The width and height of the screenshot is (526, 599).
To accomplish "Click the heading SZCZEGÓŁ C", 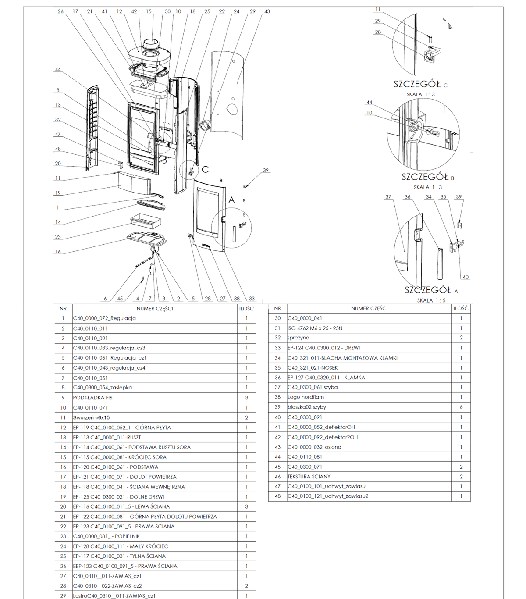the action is [x=420, y=84].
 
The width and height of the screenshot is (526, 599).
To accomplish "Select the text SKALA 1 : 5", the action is [x=431, y=300].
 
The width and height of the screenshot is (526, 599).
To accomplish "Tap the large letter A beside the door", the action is [x=231, y=200].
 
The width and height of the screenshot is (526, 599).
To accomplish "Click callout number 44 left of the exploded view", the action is [x=58, y=69].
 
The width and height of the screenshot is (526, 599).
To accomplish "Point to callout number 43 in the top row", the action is [x=267, y=11].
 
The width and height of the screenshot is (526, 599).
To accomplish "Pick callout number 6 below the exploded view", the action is [x=105, y=299].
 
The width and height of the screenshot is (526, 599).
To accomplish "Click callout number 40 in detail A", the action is [x=466, y=277].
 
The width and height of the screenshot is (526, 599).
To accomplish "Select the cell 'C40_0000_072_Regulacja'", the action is [x=105, y=318].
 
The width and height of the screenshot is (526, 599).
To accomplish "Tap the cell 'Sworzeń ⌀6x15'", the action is [x=91, y=417].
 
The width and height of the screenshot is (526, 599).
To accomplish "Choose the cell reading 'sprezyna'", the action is [x=299, y=338].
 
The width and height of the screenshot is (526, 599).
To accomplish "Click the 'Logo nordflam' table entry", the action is [x=306, y=397].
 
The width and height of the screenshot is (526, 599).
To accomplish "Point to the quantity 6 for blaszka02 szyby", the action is [x=461, y=407].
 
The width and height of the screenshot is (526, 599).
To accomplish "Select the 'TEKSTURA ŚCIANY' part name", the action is [x=309, y=477].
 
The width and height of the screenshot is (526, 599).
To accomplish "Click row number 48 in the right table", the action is [x=277, y=496].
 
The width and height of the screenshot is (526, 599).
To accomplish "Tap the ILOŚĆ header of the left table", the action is [x=246, y=309].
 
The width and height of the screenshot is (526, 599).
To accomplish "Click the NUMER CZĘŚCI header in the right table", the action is [x=370, y=308].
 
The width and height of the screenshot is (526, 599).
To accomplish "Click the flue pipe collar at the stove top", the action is [x=152, y=44].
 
